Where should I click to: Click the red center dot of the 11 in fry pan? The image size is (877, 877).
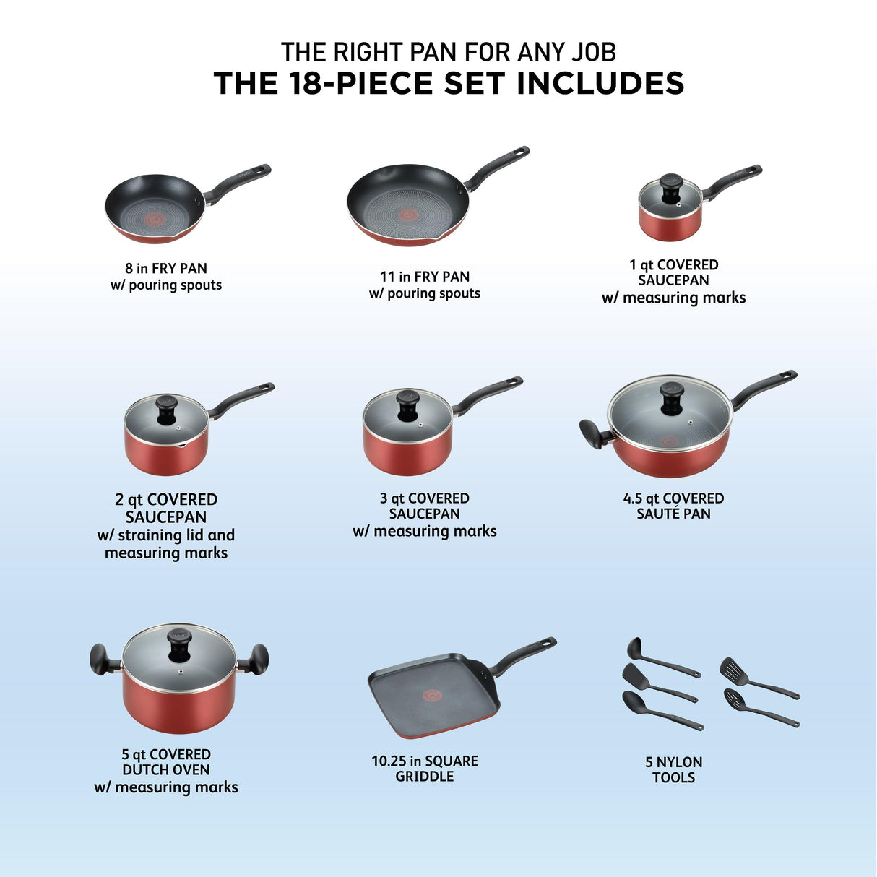click(x=408, y=215)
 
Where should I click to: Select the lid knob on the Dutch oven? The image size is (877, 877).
click(x=180, y=643)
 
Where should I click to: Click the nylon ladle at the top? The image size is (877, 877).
click(x=661, y=657)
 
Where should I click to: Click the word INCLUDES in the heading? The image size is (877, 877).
click(x=600, y=83)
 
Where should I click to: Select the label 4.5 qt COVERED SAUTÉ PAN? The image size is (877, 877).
click(x=673, y=506)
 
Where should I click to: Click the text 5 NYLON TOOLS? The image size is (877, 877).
click(x=673, y=769)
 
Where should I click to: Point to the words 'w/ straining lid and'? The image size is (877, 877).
click(x=166, y=535)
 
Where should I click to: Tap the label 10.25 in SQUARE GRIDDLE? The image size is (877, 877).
click(x=425, y=769)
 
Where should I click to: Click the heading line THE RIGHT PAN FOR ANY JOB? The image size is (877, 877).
click(x=448, y=52)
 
